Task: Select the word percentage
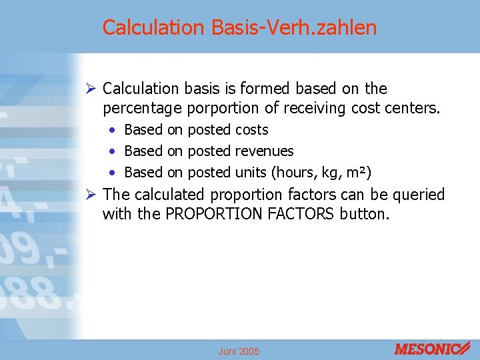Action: [143, 108]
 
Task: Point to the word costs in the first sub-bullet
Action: [251, 130]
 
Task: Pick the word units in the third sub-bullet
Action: [250, 173]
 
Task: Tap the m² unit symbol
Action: [357, 173]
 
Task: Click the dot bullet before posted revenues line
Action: [115, 151]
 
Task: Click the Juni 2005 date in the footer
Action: [239, 351]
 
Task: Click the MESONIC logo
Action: [432, 348]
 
